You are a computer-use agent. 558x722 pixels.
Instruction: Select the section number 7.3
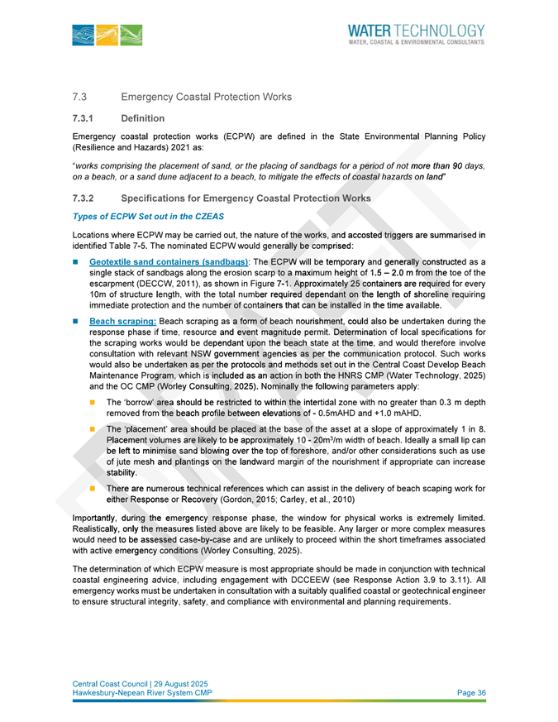pos(80,98)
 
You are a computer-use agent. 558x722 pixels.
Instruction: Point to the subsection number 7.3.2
pos(84,198)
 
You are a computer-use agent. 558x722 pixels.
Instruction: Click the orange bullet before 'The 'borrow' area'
pos(93,400)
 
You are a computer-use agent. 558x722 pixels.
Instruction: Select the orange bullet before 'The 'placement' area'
pos(93,432)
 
